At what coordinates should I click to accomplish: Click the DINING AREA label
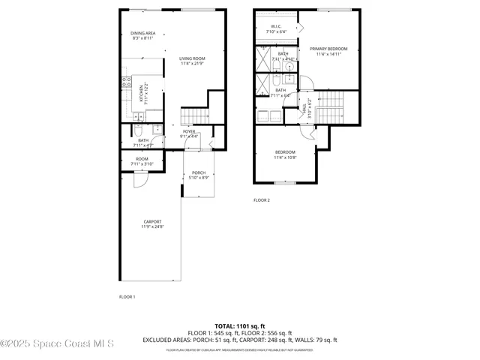143,33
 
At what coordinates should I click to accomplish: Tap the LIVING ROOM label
192,58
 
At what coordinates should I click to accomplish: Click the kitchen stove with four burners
127,82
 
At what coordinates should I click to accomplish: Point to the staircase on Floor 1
193,115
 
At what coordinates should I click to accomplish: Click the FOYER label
189,132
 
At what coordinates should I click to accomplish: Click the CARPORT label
152,222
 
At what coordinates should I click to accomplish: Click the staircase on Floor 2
329,106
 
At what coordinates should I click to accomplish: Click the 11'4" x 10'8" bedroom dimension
285,157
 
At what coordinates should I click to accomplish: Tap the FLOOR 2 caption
261,200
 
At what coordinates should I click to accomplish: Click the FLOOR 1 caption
127,297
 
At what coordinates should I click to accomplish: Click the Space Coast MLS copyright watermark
57,344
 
